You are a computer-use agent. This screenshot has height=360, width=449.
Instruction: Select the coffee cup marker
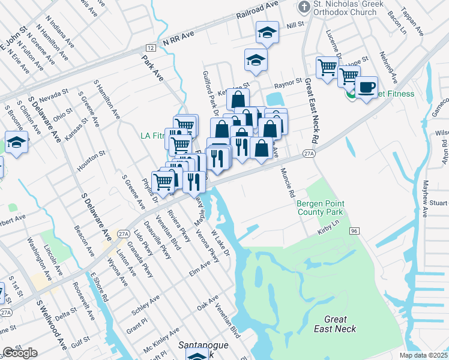coord(366,88)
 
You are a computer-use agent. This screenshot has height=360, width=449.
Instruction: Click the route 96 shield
coord(355,230)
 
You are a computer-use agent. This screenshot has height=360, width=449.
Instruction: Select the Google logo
coord(20,352)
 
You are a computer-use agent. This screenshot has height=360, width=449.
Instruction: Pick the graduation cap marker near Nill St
coord(267,32)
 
